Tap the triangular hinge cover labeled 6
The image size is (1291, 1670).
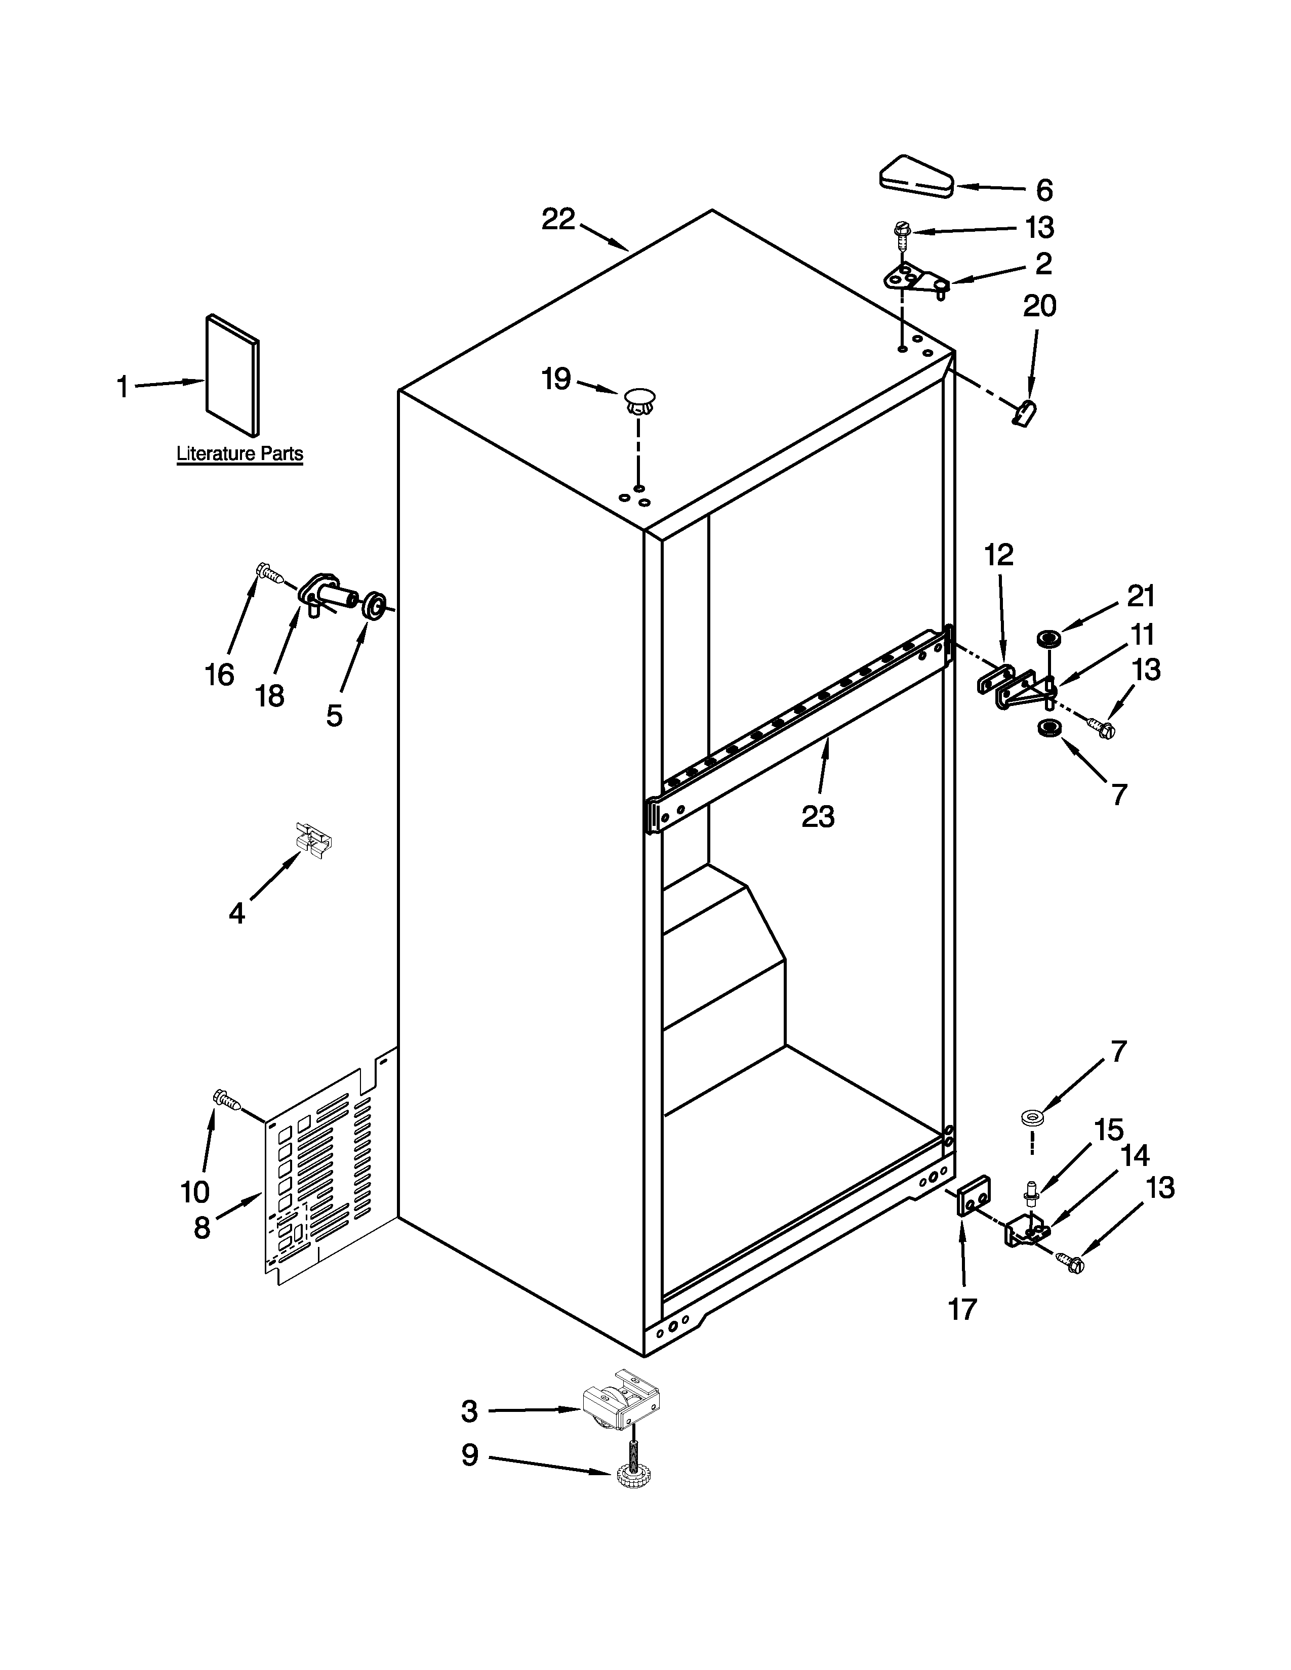pos(914,178)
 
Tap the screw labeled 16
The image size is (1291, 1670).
pos(268,573)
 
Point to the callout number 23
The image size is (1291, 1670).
pos(818,817)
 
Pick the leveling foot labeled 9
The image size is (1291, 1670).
pos(632,1484)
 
